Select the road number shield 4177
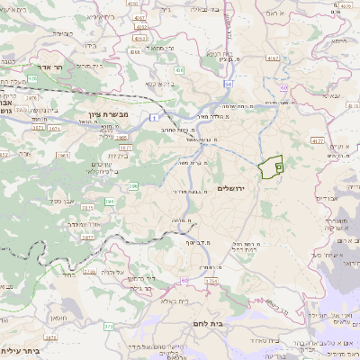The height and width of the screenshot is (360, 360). (x=317, y=140)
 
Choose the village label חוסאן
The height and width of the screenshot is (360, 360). (x=58, y=318)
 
